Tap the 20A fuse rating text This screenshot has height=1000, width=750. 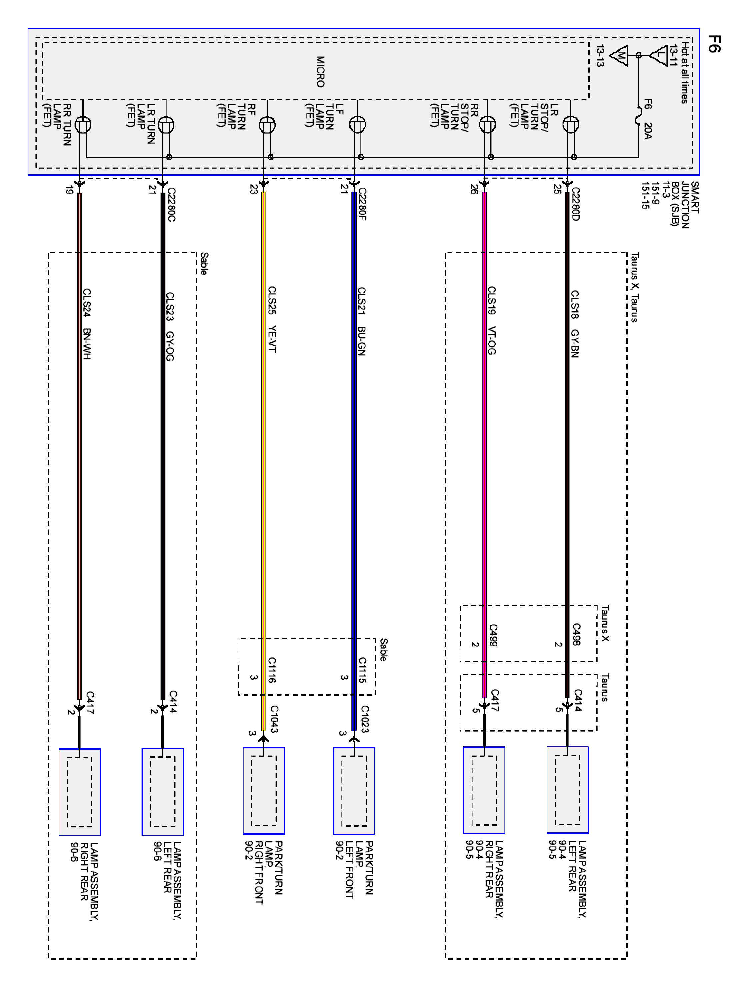coord(648,131)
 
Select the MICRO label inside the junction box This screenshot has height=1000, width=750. coord(320,71)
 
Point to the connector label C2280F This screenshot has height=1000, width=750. coord(362,204)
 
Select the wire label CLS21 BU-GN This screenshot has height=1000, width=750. coord(361,321)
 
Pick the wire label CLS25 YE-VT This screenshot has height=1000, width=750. coord(272,319)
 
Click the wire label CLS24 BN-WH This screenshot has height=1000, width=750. coord(86,324)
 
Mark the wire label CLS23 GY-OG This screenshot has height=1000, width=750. coord(170,326)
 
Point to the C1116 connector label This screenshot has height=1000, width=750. coord(272,670)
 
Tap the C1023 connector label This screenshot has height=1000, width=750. coord(364,719)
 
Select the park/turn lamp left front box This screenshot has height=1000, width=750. coord(354,791)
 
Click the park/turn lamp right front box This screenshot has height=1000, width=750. coord(264,791)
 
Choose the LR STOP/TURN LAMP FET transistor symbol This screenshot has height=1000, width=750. coord(571,124)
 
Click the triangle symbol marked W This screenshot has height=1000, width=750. coord(619,56)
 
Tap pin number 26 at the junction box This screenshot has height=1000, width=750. coord(474,189)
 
